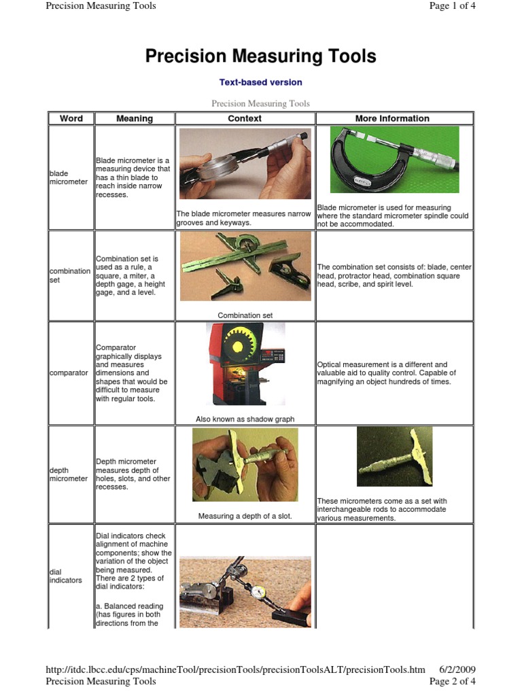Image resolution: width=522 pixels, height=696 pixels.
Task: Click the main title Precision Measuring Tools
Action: tap(260, 56)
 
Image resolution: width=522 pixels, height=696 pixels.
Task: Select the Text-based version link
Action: tap(260, 82)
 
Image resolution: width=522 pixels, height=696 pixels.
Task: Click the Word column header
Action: tap(71, 118)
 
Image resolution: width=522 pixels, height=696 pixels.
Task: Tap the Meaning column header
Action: tap(135, 118)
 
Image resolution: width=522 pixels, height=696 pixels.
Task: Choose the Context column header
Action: tap(245, 118)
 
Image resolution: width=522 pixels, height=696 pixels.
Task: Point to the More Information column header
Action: tap(392, 118)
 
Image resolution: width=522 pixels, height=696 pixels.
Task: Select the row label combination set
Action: tap(69, 275)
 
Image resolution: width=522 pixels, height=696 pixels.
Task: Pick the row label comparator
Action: tap(69, 373)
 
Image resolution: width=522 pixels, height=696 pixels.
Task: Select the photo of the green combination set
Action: tap(245, 266)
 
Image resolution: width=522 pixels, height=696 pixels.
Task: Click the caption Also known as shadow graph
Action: tap(245, 419)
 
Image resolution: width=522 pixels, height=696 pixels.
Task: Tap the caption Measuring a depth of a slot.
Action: tap(245, 516)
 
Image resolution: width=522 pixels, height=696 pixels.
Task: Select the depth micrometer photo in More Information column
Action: tap(394, 456)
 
